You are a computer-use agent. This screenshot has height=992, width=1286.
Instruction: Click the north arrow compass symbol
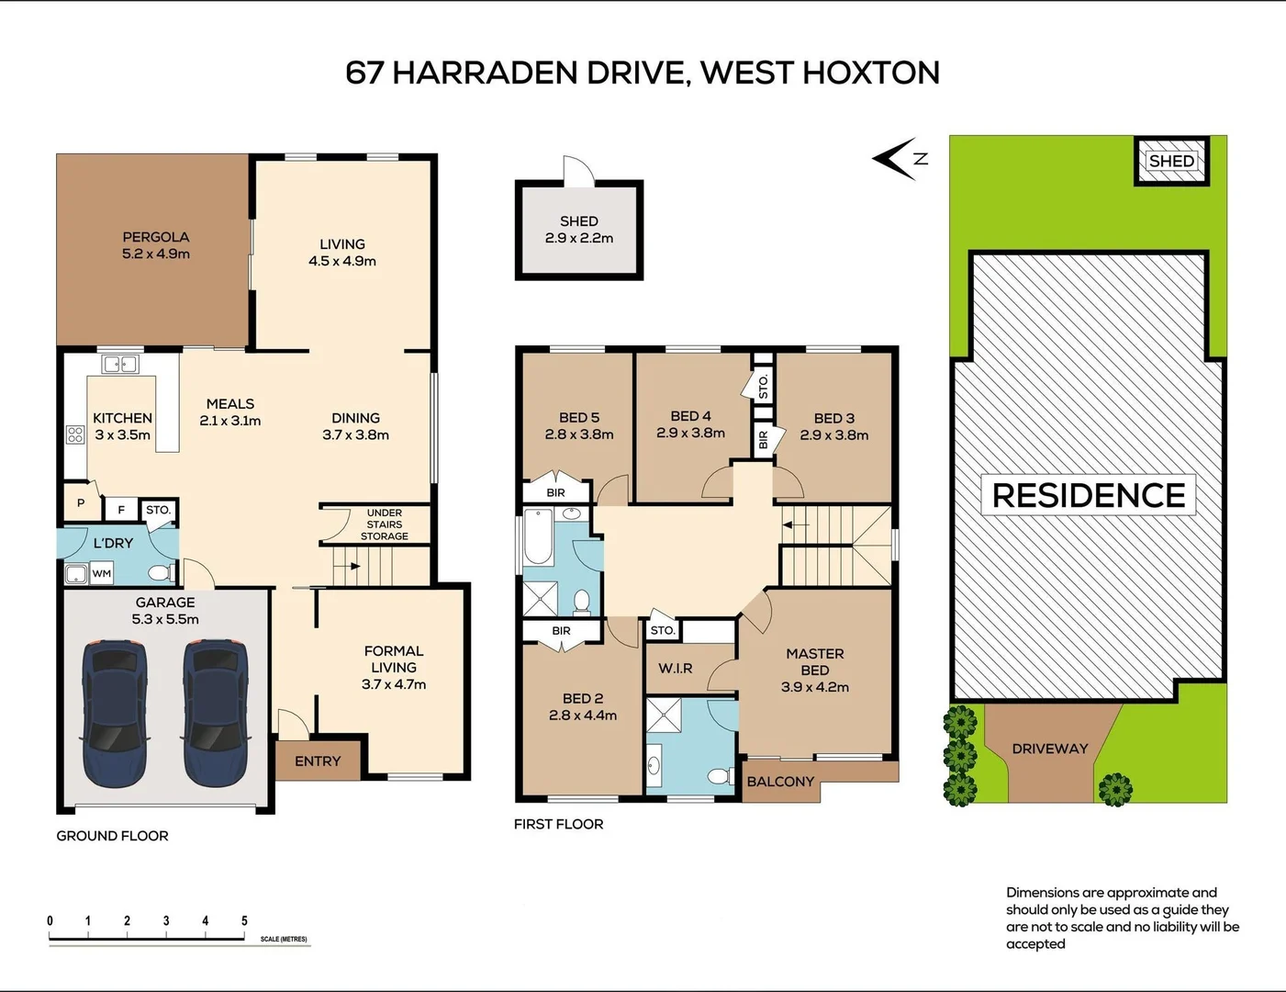pyautogui.click(x=899, y=159)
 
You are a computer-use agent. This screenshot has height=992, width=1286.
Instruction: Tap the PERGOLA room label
pyautogui.click(x=156, y=237)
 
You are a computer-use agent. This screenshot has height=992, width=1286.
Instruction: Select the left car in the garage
pyautogui.click(x=115, y=713)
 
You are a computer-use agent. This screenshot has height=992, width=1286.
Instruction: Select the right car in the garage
pyautogui.click(x=216, y=713)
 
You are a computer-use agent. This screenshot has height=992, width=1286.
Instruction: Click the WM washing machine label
pyautogui.click(x=102, y=574)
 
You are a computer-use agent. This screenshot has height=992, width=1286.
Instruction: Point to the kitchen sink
pyautogui.click(x=120, y=365)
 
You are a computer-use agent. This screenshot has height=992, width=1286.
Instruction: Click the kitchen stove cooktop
pyautogui.click(x=75, y=434)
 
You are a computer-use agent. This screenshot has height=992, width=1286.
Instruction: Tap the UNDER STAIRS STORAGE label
pyautogui.click(x=384, y=524)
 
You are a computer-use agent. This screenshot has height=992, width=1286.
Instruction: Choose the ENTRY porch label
pyautogui.click(x=318, y=761)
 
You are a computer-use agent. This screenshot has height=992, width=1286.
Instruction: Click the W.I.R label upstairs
pyautogui.click(x=676, y=669)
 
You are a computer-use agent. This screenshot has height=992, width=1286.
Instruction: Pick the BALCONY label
pyautogui.click(x=780, y=782)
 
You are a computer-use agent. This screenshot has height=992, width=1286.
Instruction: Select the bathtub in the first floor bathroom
pyautogui.click(x=538, y=537)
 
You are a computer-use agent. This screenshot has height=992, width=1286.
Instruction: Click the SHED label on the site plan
pyautogui.click(x=1171, y=161)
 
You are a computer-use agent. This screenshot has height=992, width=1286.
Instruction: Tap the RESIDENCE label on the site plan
pyautogui.click(x=1089, y=495)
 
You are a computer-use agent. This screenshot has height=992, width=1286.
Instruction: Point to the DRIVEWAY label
pyautogui.click(x=1050, y=749)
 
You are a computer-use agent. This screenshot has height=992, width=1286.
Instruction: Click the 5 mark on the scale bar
pyautogui.click(x=244, y=920)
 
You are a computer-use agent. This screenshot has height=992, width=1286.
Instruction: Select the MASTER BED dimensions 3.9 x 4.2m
pyautogui.click(x=815, y=687)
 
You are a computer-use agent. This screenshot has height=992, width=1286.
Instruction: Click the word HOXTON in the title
pyautogui.click(x=871, y=73)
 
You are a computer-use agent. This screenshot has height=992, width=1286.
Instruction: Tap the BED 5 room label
pyautogui.click(x=579, y=417)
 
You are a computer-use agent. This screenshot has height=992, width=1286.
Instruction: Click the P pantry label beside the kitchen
pyautogui.click(x=81, y=502)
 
